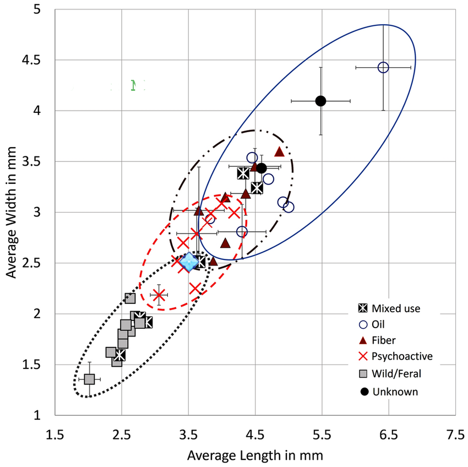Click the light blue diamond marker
pyautogui.click(x=189, y=262)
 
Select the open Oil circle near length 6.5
pyautogui.click(x=383, y=67)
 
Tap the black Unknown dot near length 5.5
pyautogui.click(x=320, y=101)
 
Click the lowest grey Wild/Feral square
pyautogui.click(x=89, y=379)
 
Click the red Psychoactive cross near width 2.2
pyautogui.click(x=159, y=295)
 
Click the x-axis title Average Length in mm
pyautogui.click(x=254, y=455)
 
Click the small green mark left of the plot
pyautogui.click(x=133, y=84)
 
